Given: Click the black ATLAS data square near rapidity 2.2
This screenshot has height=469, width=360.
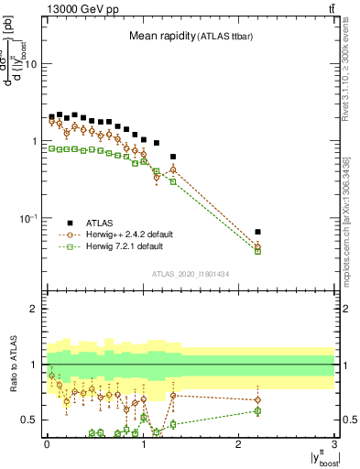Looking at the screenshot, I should (x=257, y=232).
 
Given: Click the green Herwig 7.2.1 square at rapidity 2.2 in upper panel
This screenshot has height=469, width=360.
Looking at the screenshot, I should (x=257, y=250).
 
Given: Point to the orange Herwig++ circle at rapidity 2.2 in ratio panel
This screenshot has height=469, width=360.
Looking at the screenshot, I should (x=257, y=399).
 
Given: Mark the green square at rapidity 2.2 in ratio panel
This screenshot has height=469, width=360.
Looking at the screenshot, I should (x=257, y=410).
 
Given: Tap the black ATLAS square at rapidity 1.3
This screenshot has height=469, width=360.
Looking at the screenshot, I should (x=172, y=157).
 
